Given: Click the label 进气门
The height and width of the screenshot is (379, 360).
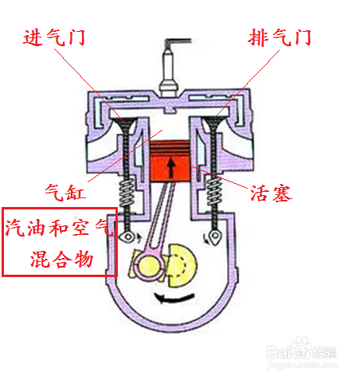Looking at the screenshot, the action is point(53,37).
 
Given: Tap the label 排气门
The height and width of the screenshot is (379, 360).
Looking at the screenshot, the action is point(280,37).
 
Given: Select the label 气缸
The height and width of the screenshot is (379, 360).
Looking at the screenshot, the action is point(65,192).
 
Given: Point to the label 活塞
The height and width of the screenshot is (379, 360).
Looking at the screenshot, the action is point(272,193).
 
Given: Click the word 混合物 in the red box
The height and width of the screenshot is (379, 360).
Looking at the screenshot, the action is point(61,259).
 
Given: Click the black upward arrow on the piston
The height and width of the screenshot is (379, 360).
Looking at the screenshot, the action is point(171,167).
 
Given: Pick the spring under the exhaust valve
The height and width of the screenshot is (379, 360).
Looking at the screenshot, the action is point(214,191).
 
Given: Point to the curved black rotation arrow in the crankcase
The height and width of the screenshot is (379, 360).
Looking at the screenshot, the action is point(174,299).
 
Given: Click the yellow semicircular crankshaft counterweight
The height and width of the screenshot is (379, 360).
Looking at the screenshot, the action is point(182,265).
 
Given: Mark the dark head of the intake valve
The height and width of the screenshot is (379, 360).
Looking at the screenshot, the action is point(125,123).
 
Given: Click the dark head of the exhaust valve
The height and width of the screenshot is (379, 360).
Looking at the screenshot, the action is point(214,122).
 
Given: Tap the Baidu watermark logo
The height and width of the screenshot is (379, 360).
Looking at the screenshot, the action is point(301,351).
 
